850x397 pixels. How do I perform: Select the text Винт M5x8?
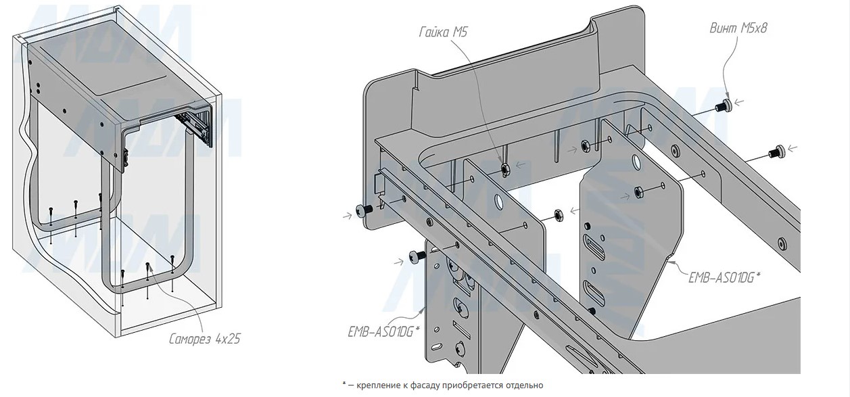click(738, 28)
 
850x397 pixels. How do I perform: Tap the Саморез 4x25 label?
click(204, 339)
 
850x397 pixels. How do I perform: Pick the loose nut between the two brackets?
click(559, 214)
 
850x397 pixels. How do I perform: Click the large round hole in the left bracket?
click(499, 202)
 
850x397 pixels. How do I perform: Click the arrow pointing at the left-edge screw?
click(350, 215)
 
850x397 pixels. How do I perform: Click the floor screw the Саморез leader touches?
click(147, 265)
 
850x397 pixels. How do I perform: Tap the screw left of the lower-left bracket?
click(415, 256)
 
